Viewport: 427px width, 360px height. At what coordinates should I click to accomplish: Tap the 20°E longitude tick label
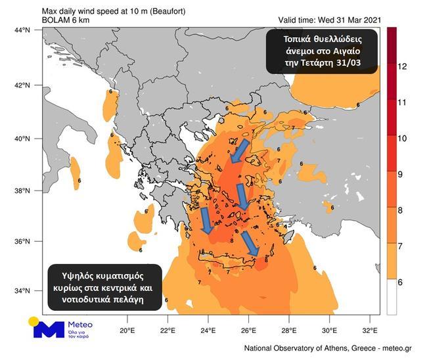point(127,330)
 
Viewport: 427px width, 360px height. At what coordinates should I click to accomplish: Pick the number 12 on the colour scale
point(403,66)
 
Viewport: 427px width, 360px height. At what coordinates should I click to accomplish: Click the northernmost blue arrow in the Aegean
point(239,150)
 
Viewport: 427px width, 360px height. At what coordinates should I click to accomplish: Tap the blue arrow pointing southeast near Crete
point(250,243)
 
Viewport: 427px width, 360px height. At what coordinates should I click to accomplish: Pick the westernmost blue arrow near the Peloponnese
point(206,221)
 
